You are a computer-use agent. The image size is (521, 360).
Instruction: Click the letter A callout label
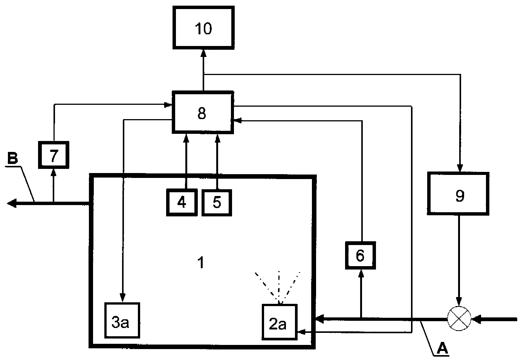[x=442, y=349]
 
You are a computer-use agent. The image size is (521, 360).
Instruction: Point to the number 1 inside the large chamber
[x=201, y=262]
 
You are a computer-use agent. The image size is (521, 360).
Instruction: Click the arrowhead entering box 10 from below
[x=203, y=53]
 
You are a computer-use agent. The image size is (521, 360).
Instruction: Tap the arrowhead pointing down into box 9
[x=460, y=168]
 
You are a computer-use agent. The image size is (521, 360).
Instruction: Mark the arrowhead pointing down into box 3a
[x=122, y=298]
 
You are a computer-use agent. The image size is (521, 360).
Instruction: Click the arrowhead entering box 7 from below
[x=54, y=173]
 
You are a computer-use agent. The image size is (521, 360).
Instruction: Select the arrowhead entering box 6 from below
[x=361, y=274]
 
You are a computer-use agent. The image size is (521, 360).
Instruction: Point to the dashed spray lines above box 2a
[x=278, y=288]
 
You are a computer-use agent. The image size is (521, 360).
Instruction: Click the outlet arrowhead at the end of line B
[x=12, y=204]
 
